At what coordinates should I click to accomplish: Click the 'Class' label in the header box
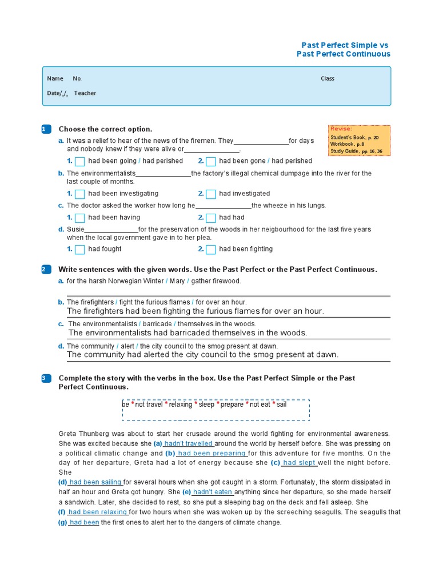(328, 78)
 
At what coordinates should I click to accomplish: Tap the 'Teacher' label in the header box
(85, 93)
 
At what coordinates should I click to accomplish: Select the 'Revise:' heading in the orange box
(341, 129)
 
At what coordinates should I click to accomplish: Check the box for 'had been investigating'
(80, 194)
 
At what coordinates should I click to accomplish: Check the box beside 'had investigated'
(211, 194)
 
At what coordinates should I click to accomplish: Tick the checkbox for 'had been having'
(80, 218)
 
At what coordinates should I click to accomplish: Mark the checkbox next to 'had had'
(211, 218)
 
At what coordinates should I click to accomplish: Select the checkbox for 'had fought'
(80, 249)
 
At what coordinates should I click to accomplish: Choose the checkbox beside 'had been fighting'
(211, 249)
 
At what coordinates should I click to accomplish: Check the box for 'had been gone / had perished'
(211, 161)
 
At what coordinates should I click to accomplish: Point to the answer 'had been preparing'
(211, 453)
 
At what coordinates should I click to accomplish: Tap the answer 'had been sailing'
(95, 482)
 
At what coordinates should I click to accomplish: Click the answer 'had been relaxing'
(98, 512)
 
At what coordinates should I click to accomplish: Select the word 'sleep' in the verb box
(206, 404)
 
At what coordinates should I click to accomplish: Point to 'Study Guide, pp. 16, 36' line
(356, 151)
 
